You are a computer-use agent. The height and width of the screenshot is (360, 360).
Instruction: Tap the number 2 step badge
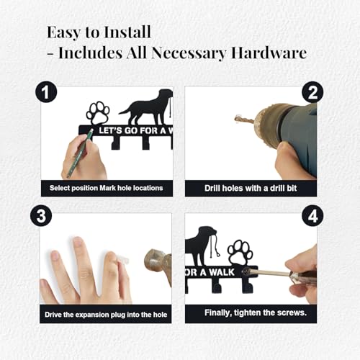click(312, 92)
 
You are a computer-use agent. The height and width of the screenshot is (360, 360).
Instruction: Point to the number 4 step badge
click(312, 216)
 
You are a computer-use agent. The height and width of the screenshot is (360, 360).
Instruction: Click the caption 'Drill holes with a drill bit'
click(251, 189)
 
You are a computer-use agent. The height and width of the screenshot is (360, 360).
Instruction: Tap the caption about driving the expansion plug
click(107, 314)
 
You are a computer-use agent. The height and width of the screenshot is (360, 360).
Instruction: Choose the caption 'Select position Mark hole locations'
click(107, 189)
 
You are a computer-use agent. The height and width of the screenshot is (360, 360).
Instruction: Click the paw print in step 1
click(98, 113)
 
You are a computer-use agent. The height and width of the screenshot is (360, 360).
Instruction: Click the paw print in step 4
click(239, 253)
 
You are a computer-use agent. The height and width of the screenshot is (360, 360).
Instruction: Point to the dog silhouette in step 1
click(148, 107)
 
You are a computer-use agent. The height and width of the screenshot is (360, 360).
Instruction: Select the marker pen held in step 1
click(80, 152)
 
